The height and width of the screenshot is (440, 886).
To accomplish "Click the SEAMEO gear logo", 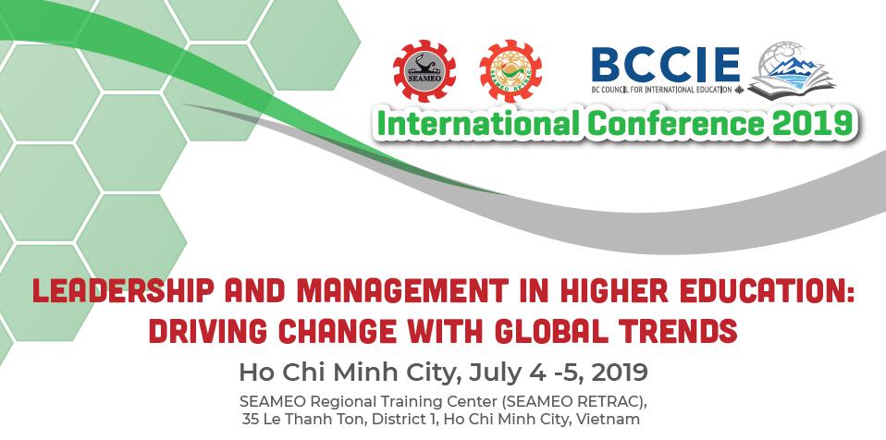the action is (x=425, y=70).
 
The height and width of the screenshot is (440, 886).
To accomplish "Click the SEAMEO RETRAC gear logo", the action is (x=511, y=70).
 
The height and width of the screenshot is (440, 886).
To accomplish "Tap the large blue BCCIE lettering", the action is (x=666, y=66).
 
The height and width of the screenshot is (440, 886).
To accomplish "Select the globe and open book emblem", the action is (x=791, y=70).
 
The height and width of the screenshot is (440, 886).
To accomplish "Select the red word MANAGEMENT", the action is (x=401, y=290).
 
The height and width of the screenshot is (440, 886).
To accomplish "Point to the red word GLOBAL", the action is (x=550, y=332).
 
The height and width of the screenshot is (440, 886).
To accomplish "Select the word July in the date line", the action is (x=498, y=373).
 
